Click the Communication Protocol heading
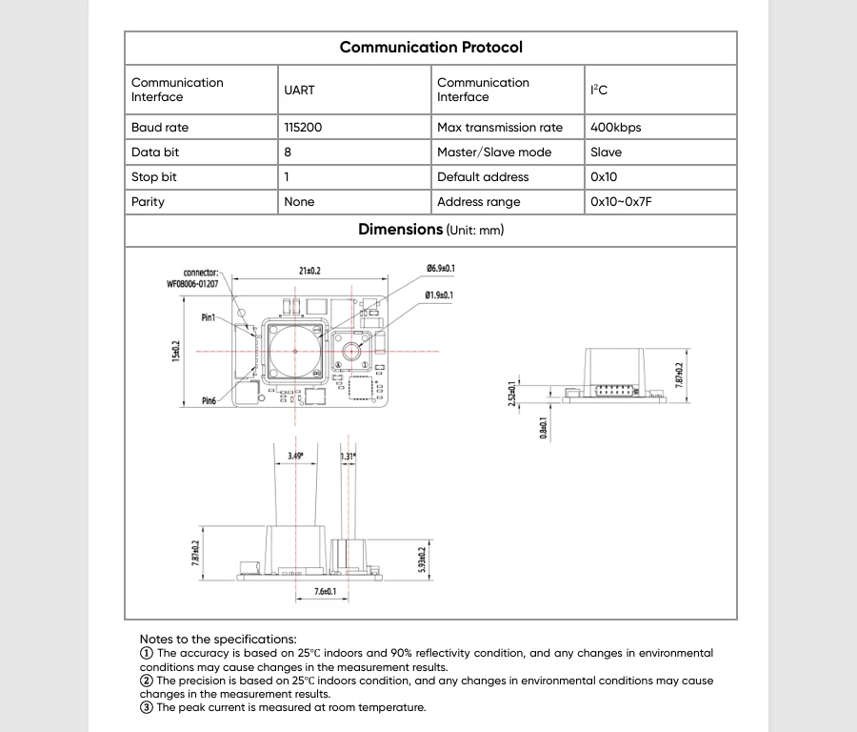pos(430,48)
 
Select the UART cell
pos(299,91)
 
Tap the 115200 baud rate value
pos(303,128)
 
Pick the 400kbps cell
pos(615,128)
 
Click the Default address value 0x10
pos(604,177)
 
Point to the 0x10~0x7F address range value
pos(621,202)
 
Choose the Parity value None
pos(299,202)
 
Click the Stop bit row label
pos(154,177)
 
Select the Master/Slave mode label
pos(494,152)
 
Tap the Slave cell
pos(606,152)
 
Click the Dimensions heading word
pos(400,230)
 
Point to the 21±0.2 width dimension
pos(309,272)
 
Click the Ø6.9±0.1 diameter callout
pos(440,269)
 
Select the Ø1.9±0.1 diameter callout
pos(439,295)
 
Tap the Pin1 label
pos(209,317)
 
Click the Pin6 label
pos(209,401)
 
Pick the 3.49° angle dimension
pos(296,457)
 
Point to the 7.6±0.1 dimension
pos(326,592)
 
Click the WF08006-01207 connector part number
pos(192,284)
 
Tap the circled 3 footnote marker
pos(147,707)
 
